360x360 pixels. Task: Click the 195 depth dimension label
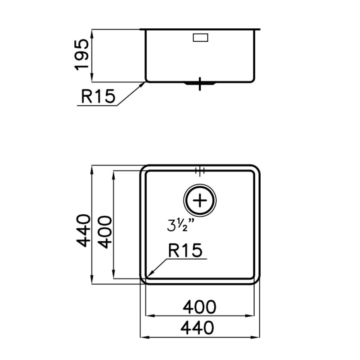point(82,54)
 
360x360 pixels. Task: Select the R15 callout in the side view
point(98,96)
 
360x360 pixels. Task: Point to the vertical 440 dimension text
point(83,230)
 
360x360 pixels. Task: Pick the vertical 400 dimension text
point(105,232)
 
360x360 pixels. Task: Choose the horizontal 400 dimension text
point(199,307)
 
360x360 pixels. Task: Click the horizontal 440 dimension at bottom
point(197,328)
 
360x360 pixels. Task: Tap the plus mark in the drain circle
point(200,200)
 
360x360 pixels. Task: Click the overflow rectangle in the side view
point(200,38)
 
